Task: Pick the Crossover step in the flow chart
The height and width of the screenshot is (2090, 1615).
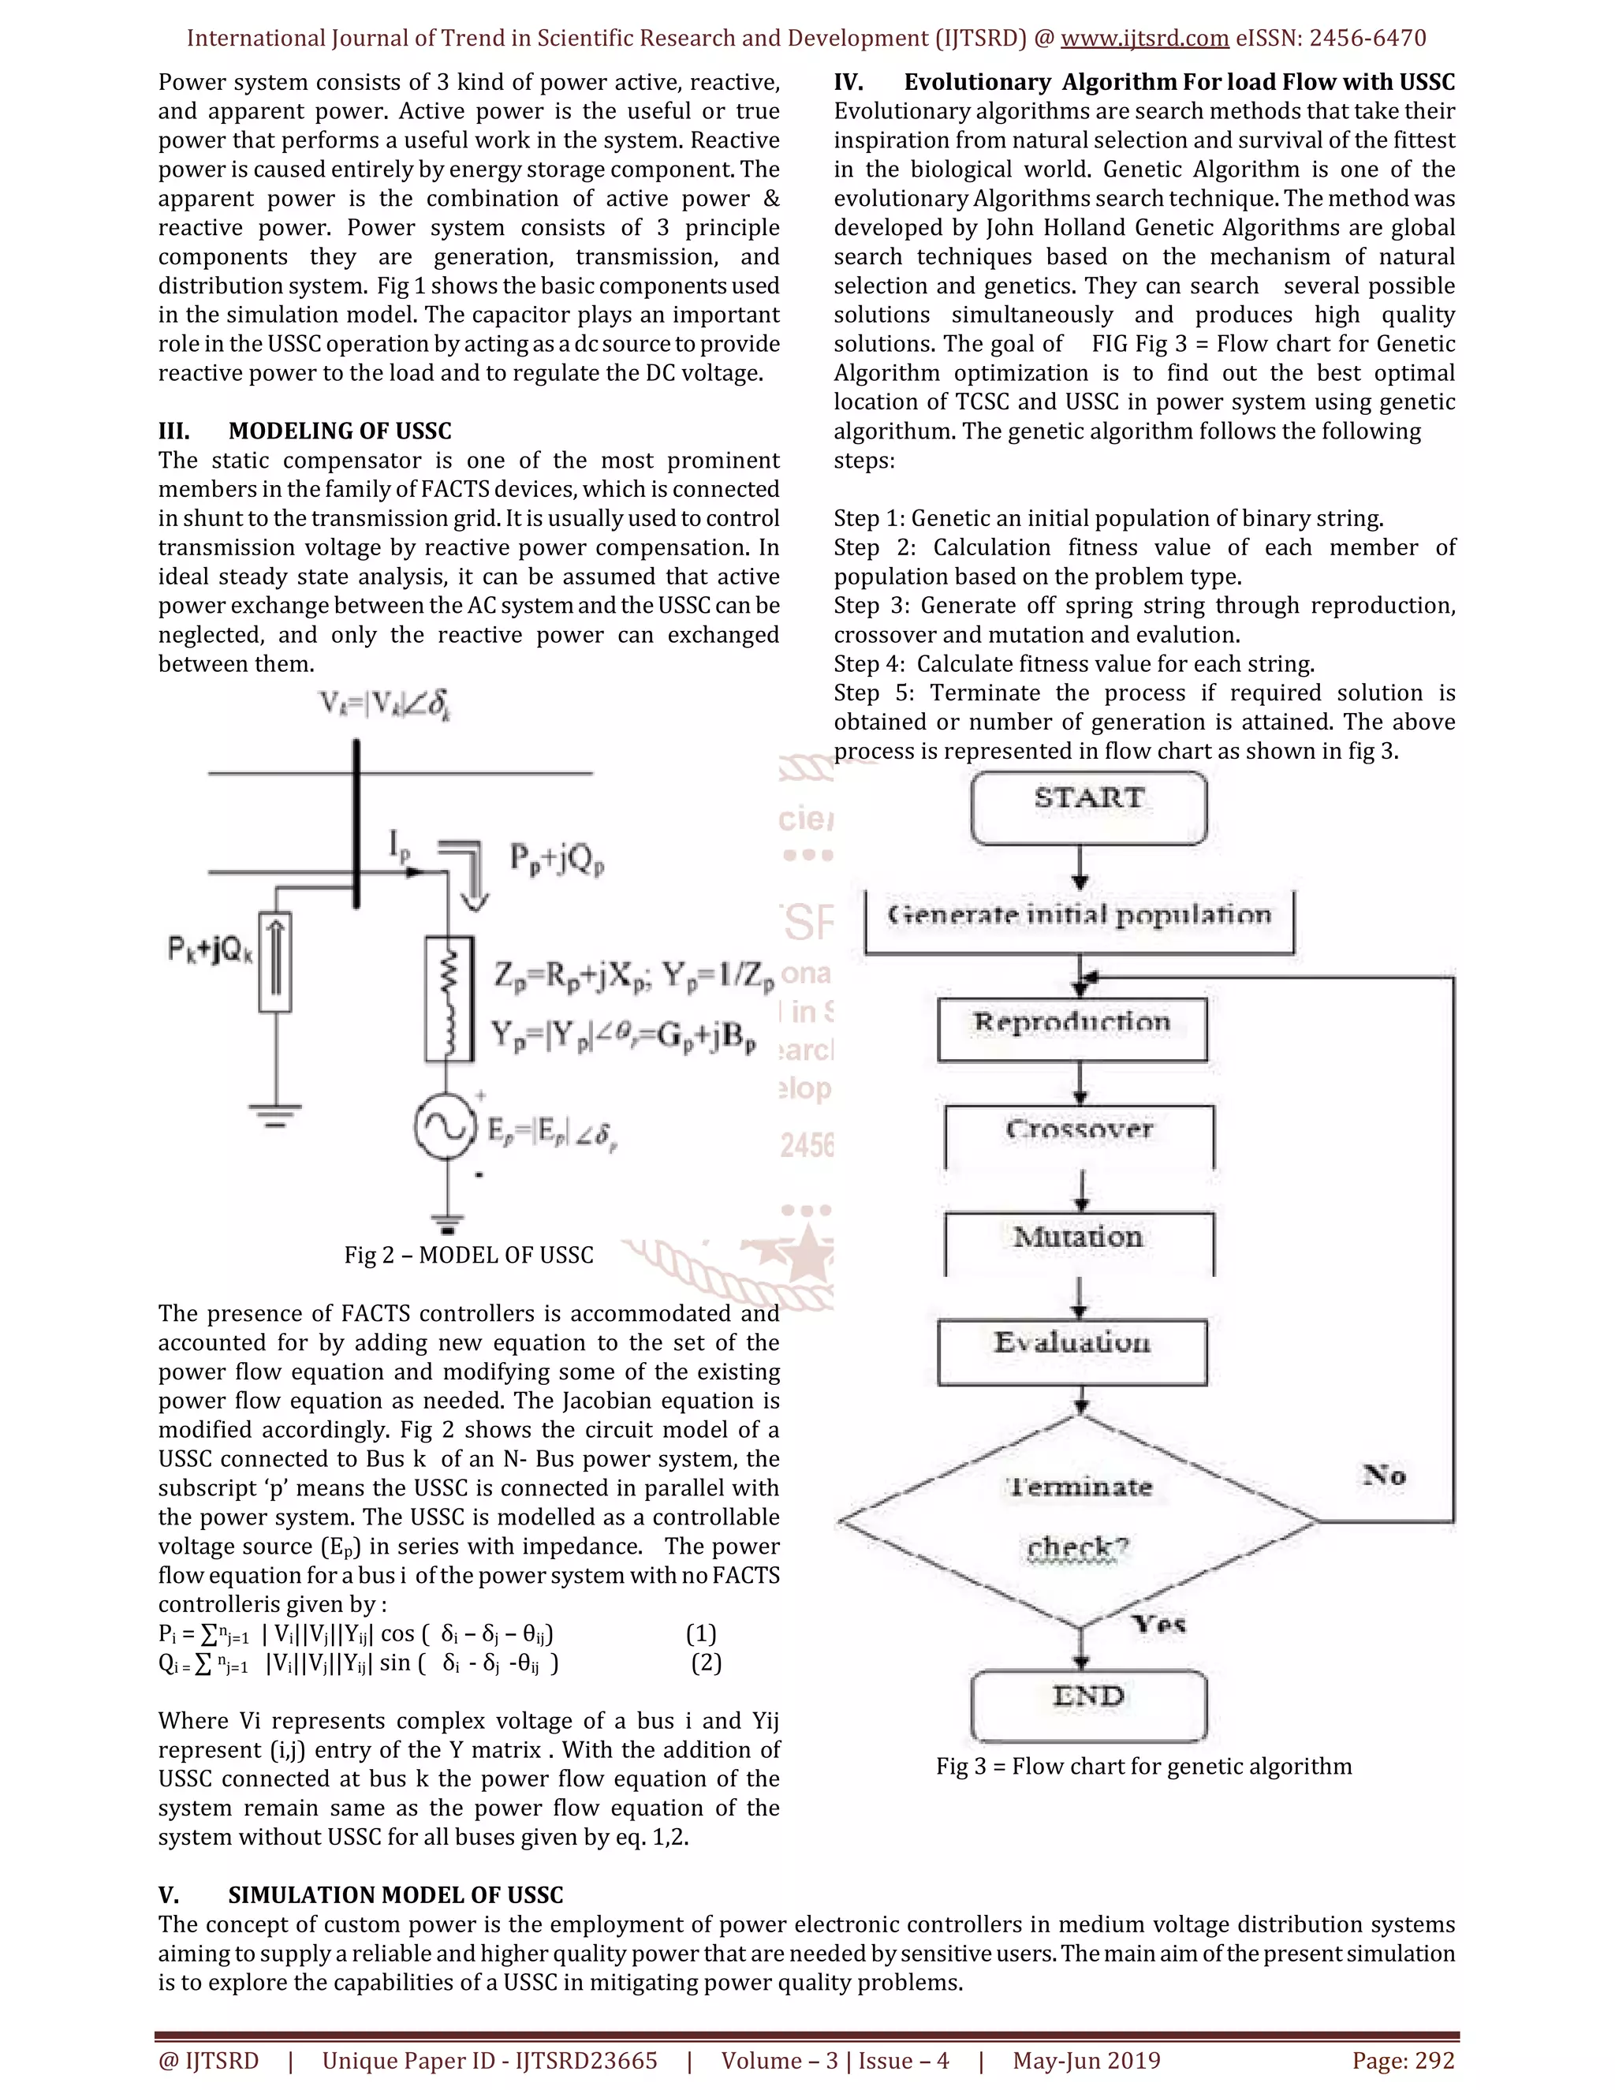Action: pos(1080,1135)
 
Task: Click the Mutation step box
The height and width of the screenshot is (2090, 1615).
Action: pos(1080,1241)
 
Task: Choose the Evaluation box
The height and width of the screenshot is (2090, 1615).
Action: pos(1072,1350)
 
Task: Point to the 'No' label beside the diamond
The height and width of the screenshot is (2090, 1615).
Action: pos(1383,1475)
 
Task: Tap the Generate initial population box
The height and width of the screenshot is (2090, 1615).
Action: pos(1080,920)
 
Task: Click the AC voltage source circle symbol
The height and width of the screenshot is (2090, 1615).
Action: pos(446,1127)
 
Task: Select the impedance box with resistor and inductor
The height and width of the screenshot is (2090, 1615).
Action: pos(449,999)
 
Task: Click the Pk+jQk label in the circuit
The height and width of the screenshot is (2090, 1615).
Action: pos(211,950)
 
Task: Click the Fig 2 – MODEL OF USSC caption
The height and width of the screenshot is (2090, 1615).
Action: pos(469,1255)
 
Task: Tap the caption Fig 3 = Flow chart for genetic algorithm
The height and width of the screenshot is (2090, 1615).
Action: pos(1143,1767)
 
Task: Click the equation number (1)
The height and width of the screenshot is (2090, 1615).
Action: pos(701,1633)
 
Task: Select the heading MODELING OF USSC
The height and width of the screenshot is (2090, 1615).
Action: pos(340,431)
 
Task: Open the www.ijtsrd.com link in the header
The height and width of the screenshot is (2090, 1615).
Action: pos(1144,39)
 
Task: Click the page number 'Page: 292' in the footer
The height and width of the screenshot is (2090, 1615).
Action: pos(1403,2060)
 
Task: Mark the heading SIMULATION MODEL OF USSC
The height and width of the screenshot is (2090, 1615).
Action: pos(395,1894)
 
